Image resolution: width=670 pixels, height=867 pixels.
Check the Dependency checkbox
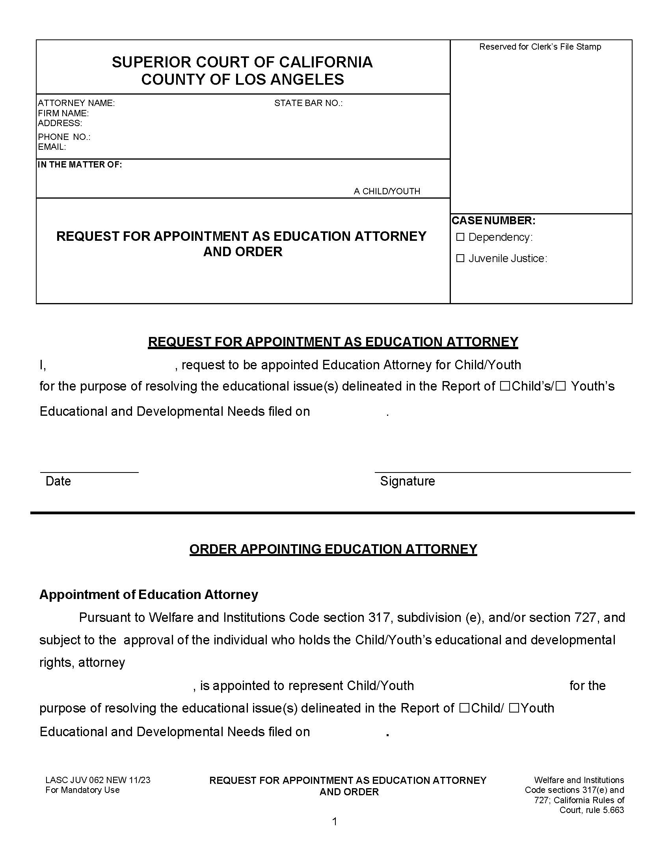coord(460,237)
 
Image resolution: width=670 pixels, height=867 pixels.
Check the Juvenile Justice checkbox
coord(460,259)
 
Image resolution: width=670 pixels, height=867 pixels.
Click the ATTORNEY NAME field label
coord(76,103)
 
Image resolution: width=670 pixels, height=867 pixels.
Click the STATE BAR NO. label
coord(308,103)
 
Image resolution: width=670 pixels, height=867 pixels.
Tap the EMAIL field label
coord(52,147)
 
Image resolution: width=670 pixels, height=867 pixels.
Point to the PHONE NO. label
coord(64,137)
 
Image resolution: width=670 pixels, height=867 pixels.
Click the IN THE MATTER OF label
coord(80,164)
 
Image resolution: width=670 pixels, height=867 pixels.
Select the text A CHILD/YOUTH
coord(387,192)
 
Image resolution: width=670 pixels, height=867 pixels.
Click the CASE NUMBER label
coord(493,220)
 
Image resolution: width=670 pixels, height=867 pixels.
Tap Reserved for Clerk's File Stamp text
coord(540,47)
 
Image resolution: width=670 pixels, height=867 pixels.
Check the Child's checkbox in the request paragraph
coord(504,386)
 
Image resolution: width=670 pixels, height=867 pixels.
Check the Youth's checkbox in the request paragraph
coord(560,386)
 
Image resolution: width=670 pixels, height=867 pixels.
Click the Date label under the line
coord(58,481)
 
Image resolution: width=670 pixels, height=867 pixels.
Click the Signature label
coord(407,481)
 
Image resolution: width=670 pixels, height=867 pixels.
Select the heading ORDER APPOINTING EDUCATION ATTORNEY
coord(333,549)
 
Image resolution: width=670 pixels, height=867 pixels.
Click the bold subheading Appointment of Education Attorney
coord(149,594)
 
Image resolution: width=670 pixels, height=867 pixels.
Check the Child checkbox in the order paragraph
coord(464,708)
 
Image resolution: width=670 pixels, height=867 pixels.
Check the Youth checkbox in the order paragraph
coord(514,708)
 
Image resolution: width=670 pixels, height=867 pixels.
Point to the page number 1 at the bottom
coord(335,822)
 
